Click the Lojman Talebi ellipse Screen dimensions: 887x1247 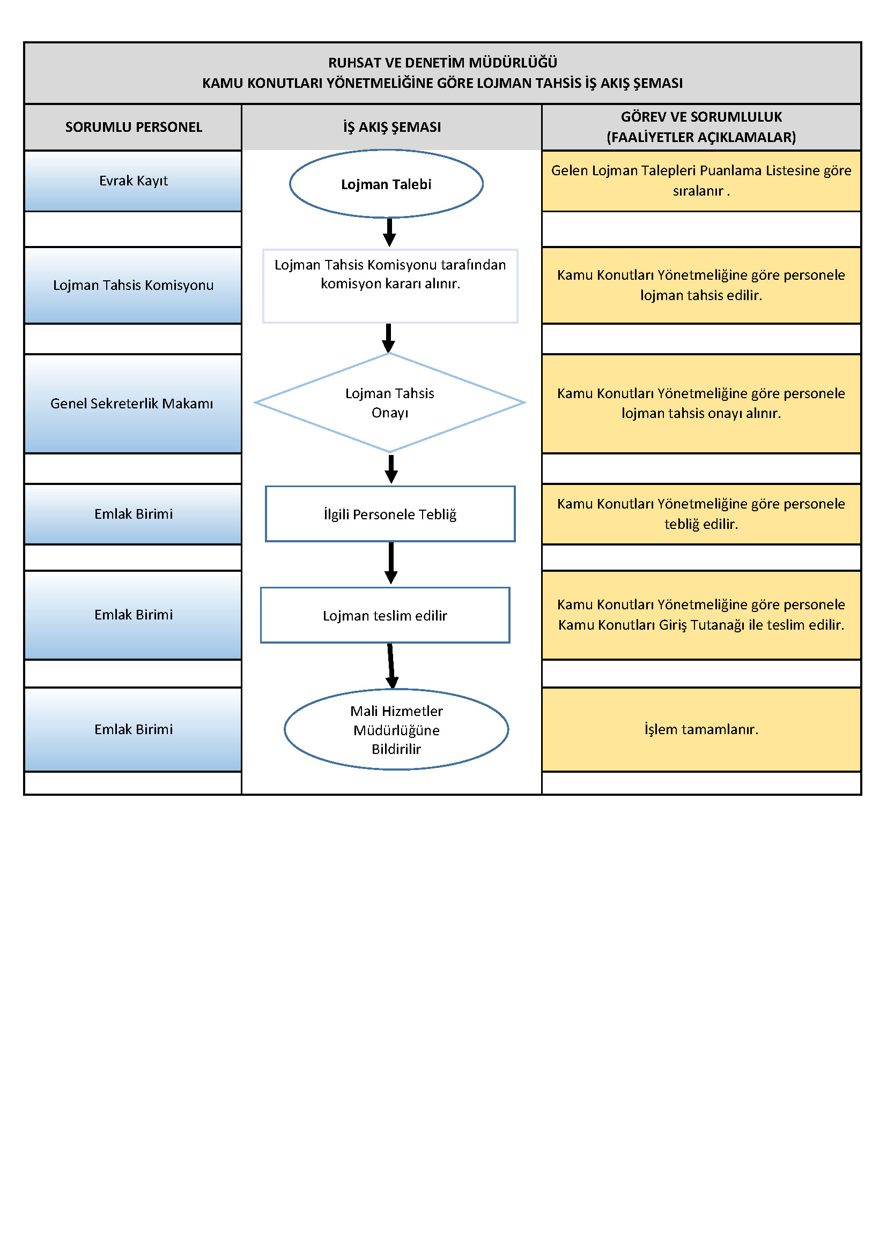pos(386,184)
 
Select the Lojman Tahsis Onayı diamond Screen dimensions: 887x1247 pos(390,403)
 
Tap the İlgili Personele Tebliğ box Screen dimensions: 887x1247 pos(390,514)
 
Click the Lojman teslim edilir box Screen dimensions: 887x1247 pos(385,616)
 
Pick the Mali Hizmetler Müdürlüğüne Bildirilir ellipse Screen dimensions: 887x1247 pos(396,730)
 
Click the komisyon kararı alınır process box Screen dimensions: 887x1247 pos(390,286)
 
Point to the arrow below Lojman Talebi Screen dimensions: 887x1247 pos(389,233)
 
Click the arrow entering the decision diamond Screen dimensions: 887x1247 pos(388,338)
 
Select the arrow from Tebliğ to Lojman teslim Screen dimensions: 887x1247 pos(391,563)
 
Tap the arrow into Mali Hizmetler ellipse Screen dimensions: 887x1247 pos(391,666)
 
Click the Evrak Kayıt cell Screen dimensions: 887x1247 pos(134,181)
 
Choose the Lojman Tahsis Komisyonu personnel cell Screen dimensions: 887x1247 pos(134,286)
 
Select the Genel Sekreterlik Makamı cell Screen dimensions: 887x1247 pos(134,404)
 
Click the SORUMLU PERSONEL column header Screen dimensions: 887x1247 pos(134,127)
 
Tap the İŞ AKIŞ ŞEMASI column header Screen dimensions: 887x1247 pos(391,127)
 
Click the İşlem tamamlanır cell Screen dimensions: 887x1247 pos(701,730)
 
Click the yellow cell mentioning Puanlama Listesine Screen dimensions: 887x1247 pos(701,181)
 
